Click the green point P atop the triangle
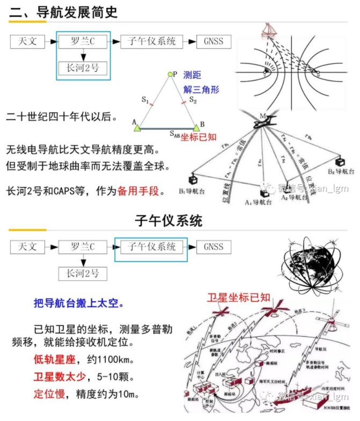click(171, 74)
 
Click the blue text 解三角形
click(201, 90)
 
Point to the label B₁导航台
click(194, 191)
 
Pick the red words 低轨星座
click(53, 358)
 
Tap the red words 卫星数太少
click(57, 376)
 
